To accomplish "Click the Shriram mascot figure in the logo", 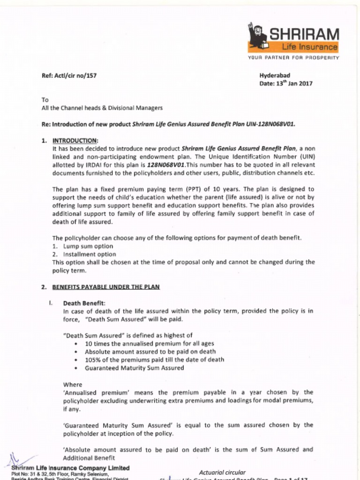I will (257, 35).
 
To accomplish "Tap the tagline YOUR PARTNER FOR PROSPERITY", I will (293, 58).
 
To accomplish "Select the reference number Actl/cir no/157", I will (69, 75).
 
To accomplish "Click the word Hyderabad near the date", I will (275, 75).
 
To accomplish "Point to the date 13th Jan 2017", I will (286, 84).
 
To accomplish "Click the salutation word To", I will (45, 100).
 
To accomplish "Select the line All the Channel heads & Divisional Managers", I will (102, 108).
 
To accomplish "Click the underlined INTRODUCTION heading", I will (75, 140).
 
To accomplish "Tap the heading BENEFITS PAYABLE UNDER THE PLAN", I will (105, 287).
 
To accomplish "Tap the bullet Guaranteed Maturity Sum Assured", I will (134, 368).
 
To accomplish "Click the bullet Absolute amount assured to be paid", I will (150, 352).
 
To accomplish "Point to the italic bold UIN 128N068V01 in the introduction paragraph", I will (166, 165).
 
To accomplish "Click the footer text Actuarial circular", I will (222, 472).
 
